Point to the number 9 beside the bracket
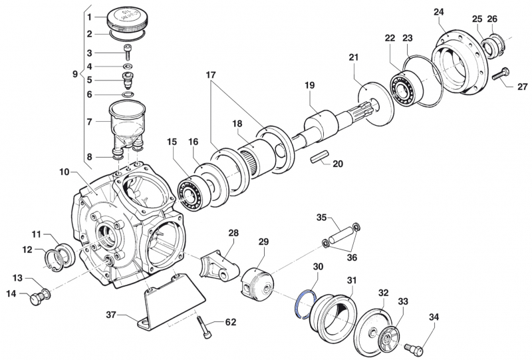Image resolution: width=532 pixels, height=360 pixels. [x=75, y=75]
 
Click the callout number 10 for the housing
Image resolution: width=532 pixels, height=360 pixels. [x=64, y=172]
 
